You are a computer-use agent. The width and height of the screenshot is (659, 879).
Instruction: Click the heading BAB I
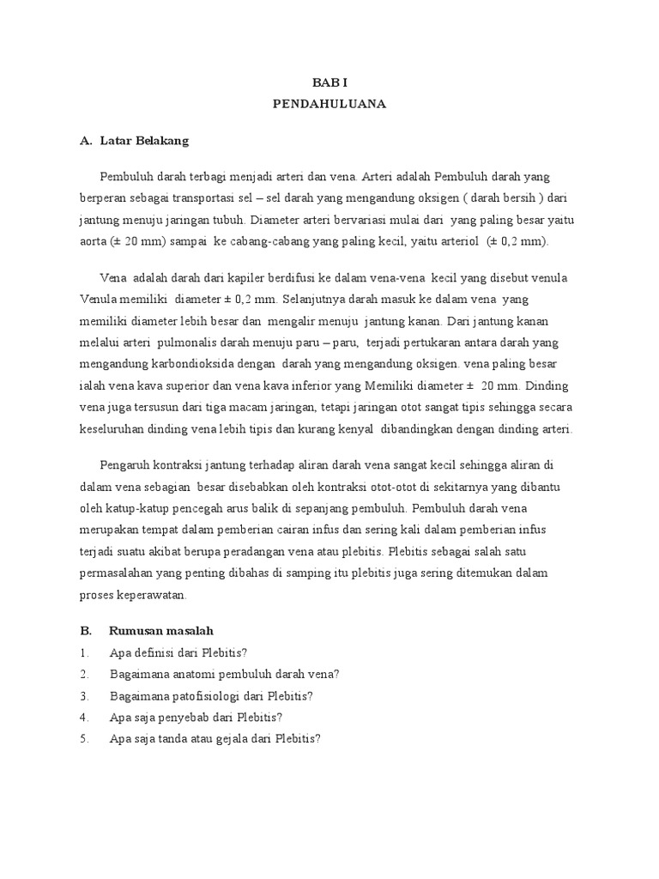click(329, 83)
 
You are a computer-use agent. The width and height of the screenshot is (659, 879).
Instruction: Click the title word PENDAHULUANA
click(329, 104)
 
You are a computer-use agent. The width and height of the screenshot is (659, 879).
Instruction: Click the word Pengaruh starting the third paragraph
click(124, 465)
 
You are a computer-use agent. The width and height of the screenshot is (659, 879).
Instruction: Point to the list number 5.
click(83, 737)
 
